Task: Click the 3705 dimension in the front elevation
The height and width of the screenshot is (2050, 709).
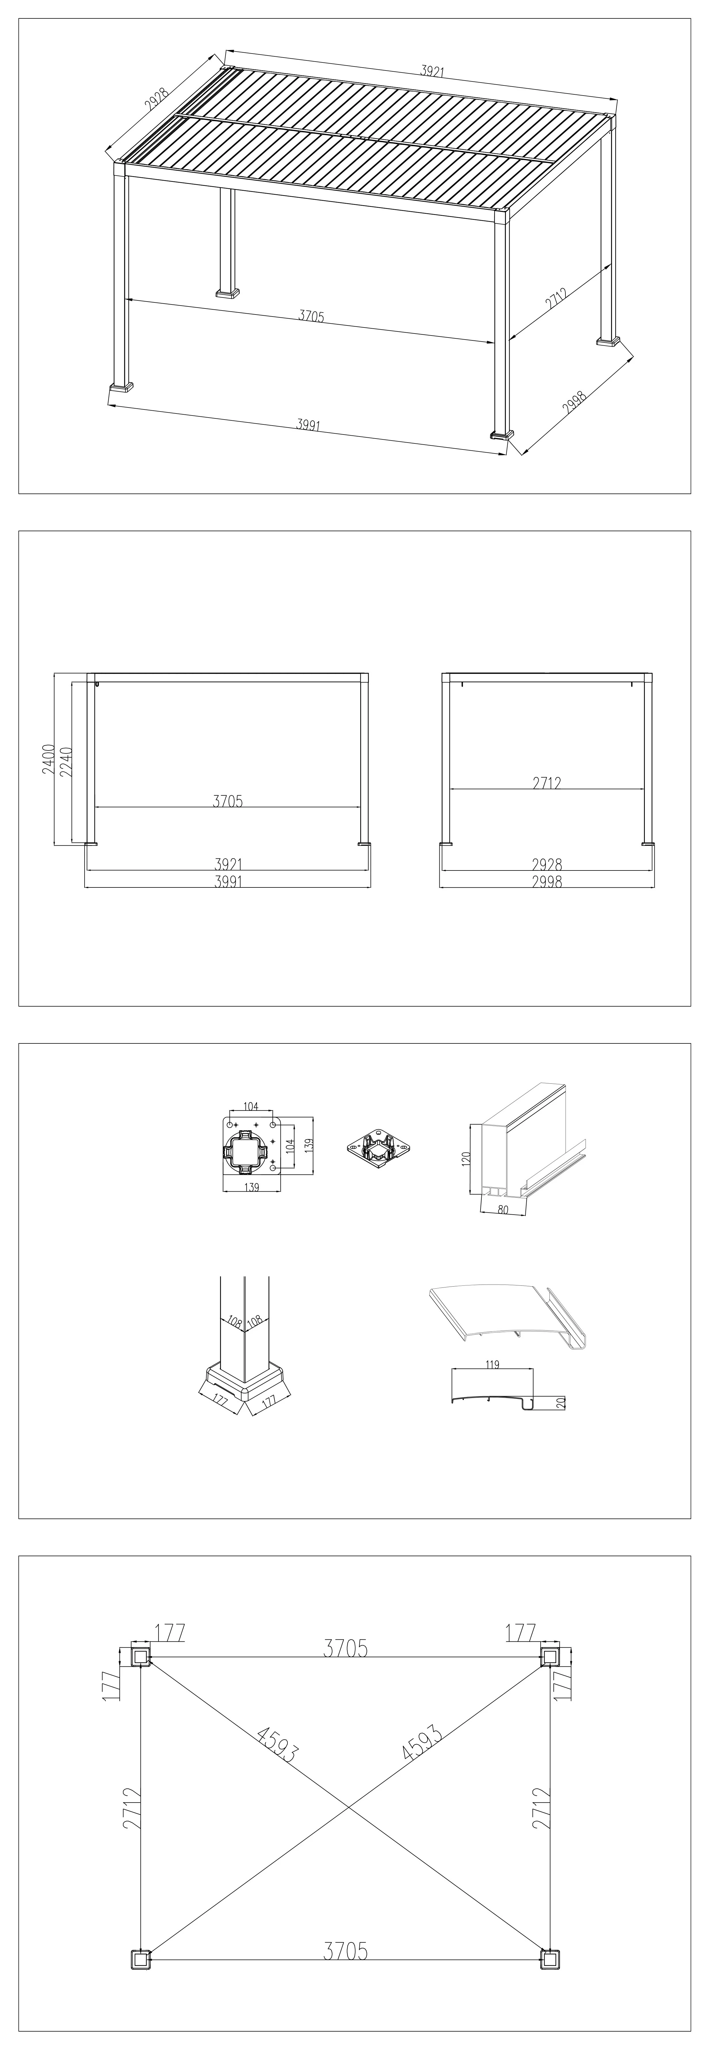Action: coord(228,801)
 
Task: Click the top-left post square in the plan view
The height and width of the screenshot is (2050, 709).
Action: coord(140,1657)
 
